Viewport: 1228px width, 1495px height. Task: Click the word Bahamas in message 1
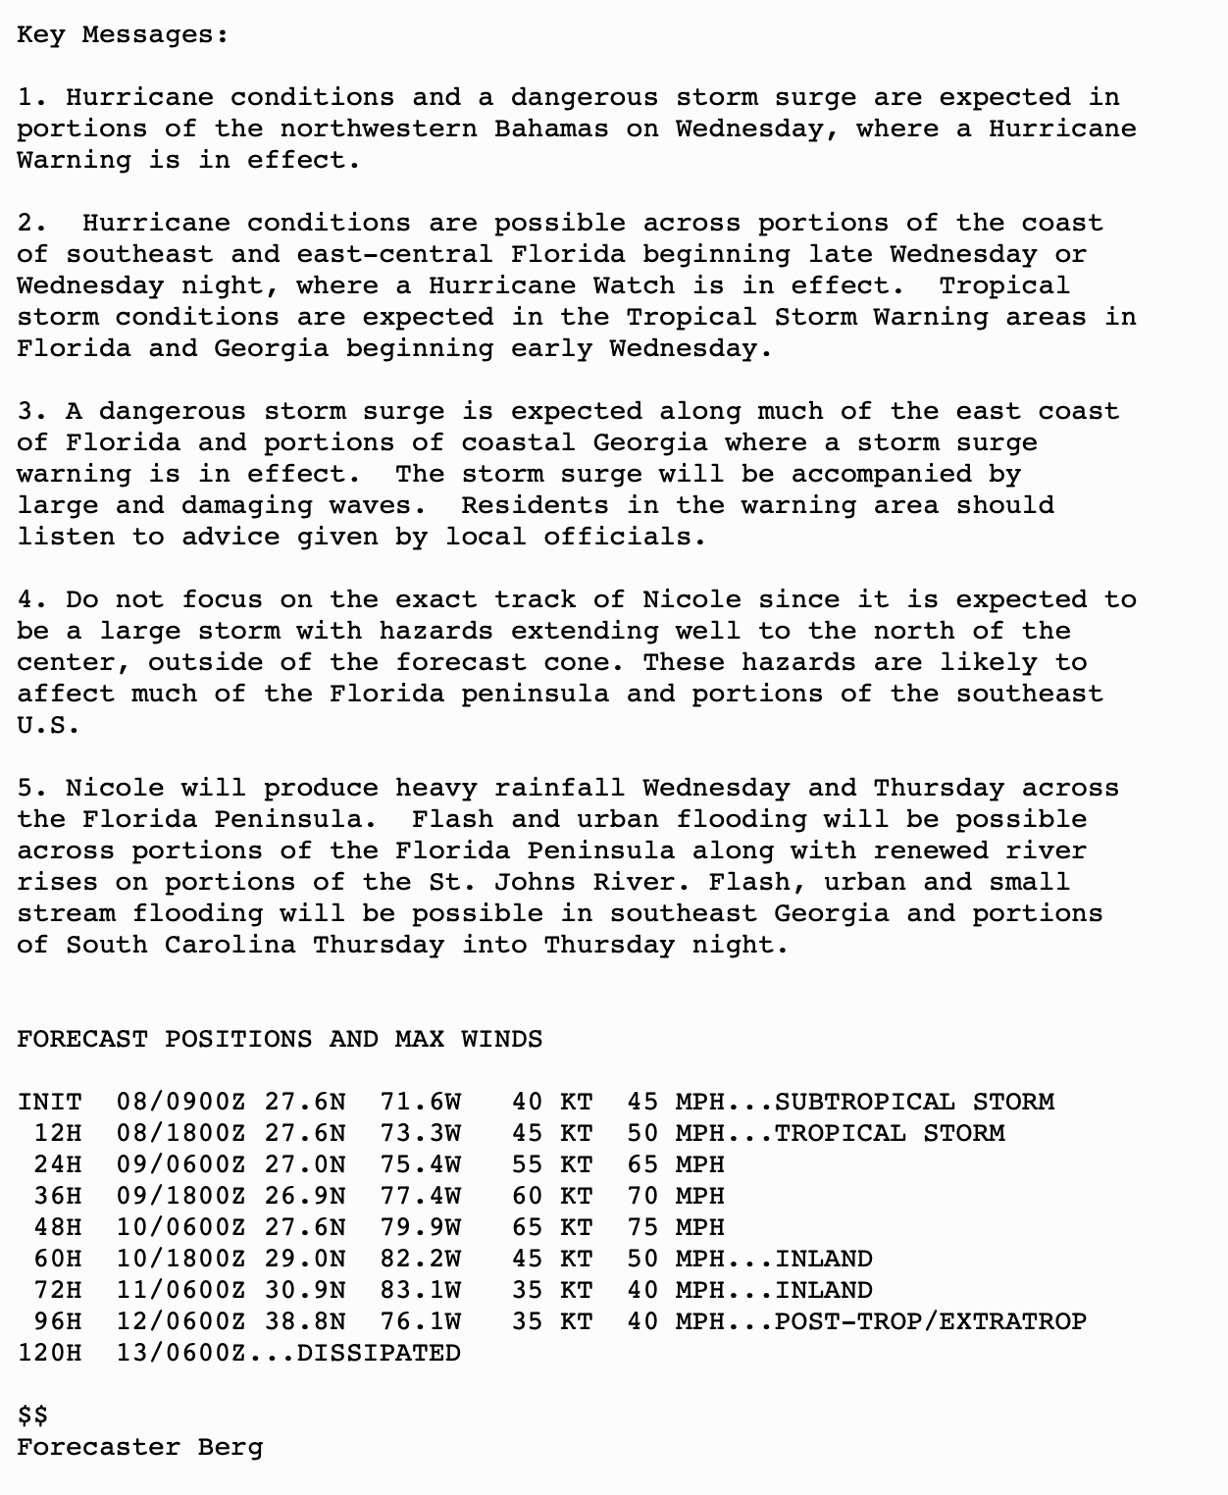(550, 129)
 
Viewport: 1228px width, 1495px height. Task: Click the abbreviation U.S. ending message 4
(48, 725)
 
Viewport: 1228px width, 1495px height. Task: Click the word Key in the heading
(40, 34)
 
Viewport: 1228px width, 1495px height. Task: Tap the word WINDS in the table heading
(501, 1039)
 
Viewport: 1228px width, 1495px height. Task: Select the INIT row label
(49, 1102)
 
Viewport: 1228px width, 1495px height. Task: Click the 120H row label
(49, 1353)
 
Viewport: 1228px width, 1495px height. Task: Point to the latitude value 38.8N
(304, 1321)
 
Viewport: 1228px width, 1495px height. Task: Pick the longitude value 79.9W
(420, 1227)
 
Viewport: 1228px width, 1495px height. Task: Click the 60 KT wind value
(551, 1196)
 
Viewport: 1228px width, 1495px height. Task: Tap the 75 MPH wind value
(675, 1227)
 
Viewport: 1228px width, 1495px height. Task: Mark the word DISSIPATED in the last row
(379, 1353)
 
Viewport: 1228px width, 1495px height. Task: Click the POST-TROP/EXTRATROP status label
(930, 1321)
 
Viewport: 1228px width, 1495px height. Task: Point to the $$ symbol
(32, 1416)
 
